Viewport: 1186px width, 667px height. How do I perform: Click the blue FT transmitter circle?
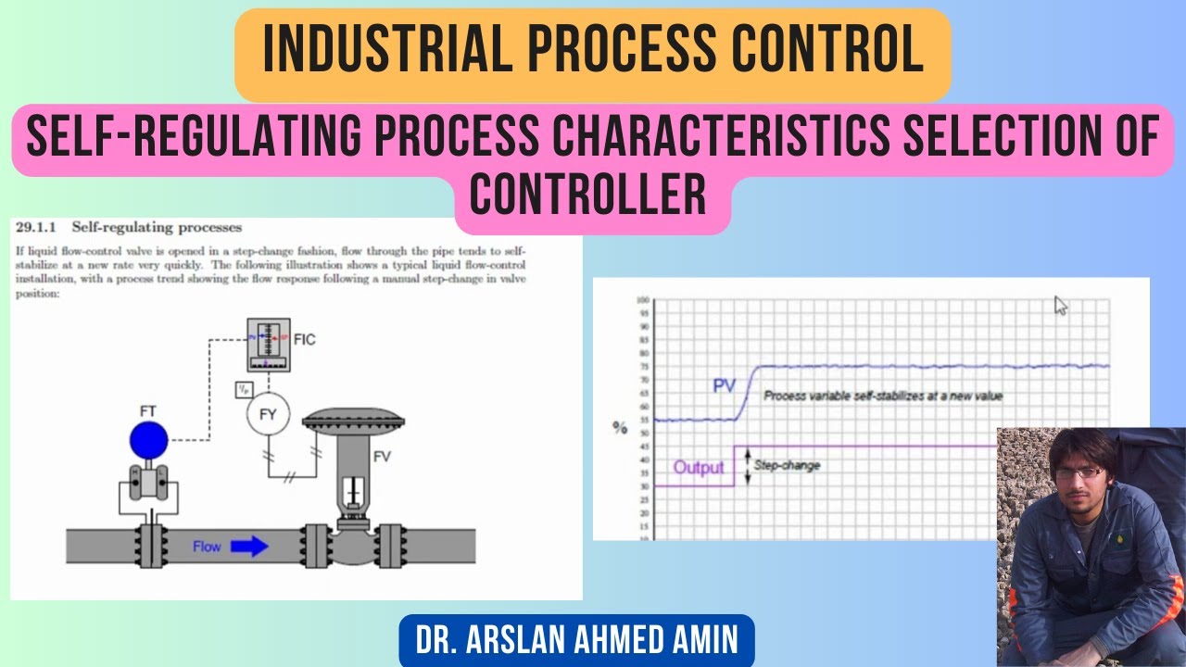pyautogui.click(x=149, y=440)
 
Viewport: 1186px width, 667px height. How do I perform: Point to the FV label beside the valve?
pyautogui.click(x=383, y=457)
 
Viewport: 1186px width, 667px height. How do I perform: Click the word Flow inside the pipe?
pyautogui.click(x=207, y=547)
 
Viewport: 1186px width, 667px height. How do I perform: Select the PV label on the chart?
pyautogui.click(x=725, y=385)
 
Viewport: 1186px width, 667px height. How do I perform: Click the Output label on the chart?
pyautogui.click(x=699, y=467)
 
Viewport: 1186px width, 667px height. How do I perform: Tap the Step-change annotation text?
pyautogui.click(x=787, y=465)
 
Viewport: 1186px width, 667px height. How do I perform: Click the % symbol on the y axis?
pyautogui.click(x=619, y=427)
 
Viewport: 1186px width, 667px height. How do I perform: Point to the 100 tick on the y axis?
pyautogui.click(x=642, y=300)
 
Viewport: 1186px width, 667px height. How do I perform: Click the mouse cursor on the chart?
pyautogui.click(x=1061, y=306)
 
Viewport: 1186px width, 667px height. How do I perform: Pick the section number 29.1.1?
pyautogui.click(x=35, y=227)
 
